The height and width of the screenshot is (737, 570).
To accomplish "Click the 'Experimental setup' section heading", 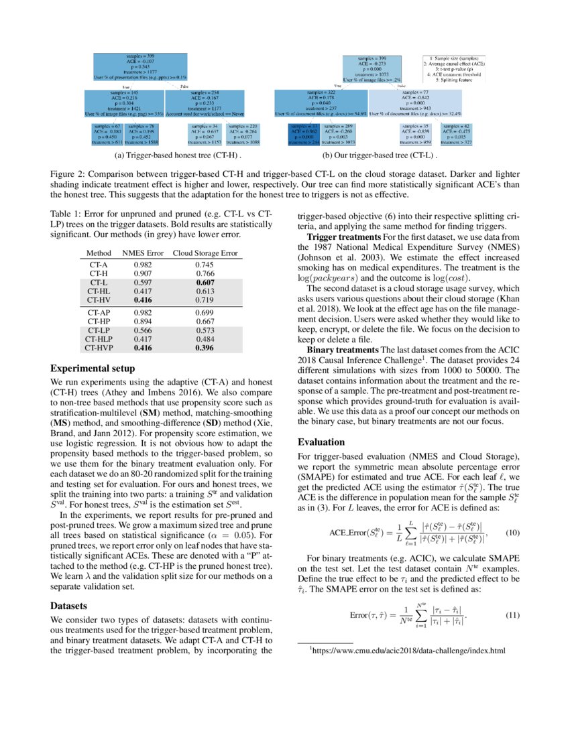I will [x=93, y=368].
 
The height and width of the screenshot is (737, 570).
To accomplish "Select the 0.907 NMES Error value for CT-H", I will [x=141, y=273].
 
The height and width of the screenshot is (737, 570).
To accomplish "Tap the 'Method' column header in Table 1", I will [x=99, y=253].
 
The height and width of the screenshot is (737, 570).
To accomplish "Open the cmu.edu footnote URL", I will [x=410, y=651].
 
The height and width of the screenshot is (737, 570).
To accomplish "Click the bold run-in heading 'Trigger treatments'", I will [x=345, y=238].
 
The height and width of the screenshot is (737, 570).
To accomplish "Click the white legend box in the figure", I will [x=455, y=69].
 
